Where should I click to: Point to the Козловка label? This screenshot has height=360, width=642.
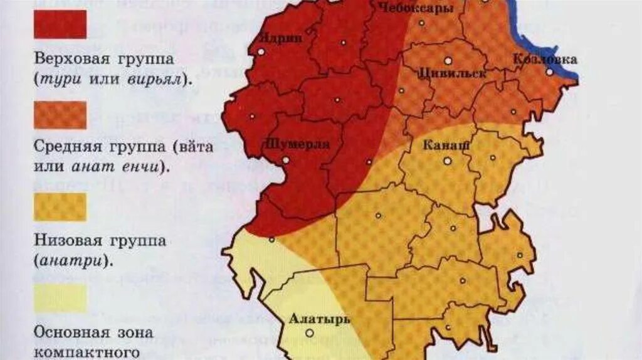point(545,60)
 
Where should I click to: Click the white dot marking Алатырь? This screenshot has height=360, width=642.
point(309,333)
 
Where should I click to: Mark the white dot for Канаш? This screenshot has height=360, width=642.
point(448,161)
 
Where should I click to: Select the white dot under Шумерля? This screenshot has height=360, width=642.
point(286,160)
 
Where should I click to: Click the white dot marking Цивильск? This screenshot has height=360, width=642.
point(448,61)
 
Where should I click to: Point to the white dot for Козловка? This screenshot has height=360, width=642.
point(549,72)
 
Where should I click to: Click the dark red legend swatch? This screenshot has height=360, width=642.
point(60,25)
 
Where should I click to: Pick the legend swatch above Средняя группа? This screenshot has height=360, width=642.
point(60,115)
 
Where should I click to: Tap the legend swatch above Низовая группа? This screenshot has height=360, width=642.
point(60,207)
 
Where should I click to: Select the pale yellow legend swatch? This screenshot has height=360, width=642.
point(60,299)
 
